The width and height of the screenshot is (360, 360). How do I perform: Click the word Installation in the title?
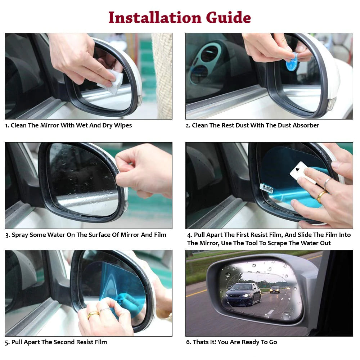coord(155,17)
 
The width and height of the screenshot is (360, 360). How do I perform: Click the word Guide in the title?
coord(229,17)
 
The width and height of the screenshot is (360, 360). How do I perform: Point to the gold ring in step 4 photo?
coord(321,196)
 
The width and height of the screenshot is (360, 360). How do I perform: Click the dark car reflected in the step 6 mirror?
coord(243,293)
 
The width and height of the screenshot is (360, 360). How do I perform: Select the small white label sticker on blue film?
coord(266,188)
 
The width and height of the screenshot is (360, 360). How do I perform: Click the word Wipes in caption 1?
coord(123,126)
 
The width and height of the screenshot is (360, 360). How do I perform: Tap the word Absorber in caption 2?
coord(306,126)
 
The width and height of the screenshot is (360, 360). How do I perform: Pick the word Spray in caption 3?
coord(20,235)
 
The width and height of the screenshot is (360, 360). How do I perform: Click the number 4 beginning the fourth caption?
coord(189,235)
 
